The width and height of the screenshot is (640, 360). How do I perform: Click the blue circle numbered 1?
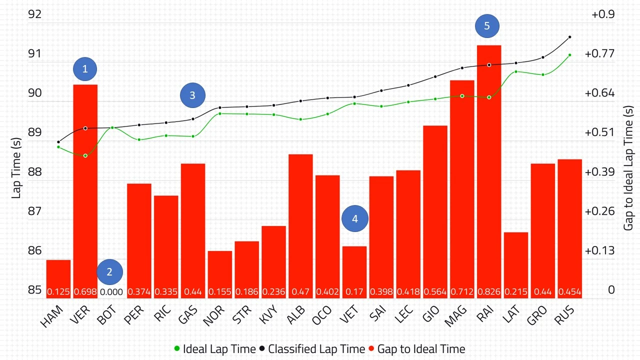coord(85,69)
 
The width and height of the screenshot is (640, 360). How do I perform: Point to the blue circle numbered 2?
coord(109,272)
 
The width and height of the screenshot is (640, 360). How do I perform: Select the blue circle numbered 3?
coord(192,95)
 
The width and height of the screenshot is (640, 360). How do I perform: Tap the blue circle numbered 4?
coord(355,218)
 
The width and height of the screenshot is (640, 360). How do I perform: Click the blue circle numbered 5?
coord(487,25)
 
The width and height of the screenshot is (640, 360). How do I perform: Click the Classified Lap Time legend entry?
coord(312,349)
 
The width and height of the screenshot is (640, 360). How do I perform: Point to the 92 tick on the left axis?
coord(34,14)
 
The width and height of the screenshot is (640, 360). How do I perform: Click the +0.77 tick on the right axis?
coord(603,53)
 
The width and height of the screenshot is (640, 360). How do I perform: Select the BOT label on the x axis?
coord(107,316)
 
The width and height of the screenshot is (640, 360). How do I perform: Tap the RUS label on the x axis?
coord(565,316)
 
